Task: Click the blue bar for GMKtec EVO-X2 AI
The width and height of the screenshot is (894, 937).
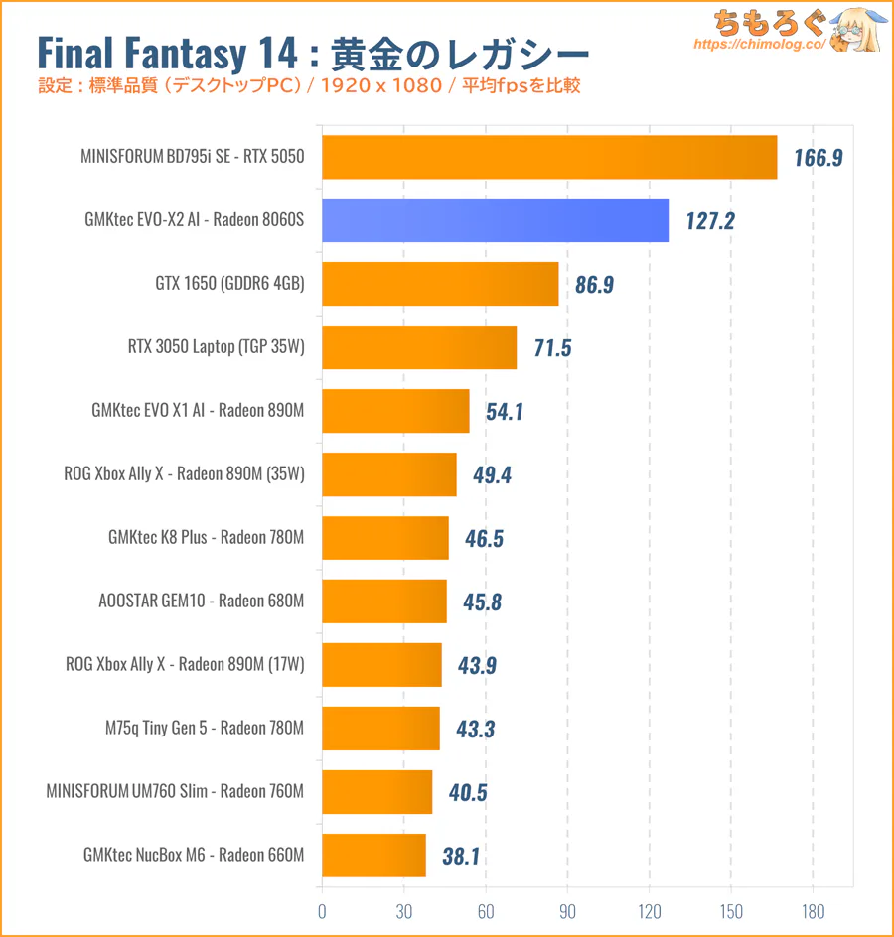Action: pos(495,220)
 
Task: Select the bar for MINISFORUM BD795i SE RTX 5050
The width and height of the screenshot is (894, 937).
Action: pos(549,157)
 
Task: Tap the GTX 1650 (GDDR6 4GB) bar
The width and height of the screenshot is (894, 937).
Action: pos(440,284)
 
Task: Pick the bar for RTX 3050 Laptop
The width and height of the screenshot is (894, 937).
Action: pos(419,347)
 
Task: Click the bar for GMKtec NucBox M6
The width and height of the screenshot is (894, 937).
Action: pos(373,856)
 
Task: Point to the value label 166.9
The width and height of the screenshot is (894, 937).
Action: pos(819,158)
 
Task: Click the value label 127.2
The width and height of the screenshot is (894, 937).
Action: pos(709,221)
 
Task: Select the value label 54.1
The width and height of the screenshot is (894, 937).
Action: pos(505,412)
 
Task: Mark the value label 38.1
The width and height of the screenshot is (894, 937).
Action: pos(461,856)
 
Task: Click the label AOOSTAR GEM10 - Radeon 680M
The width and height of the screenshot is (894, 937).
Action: pos(202,602)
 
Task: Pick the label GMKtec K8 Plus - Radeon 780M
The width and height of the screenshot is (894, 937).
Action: pos(206,538)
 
